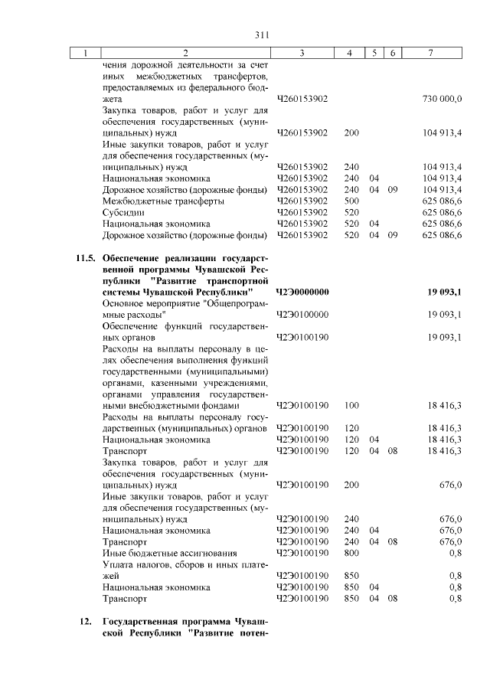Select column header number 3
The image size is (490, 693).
point(302,53)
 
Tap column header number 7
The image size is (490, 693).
point(432,53)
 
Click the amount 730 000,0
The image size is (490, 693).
point(442,100)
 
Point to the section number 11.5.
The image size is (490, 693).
point(86,259)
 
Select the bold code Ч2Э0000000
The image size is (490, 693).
point(302,293)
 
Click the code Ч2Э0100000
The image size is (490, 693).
point(302,315)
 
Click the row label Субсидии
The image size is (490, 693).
point(123,212)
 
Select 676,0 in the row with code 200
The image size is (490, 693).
point(449,485)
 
